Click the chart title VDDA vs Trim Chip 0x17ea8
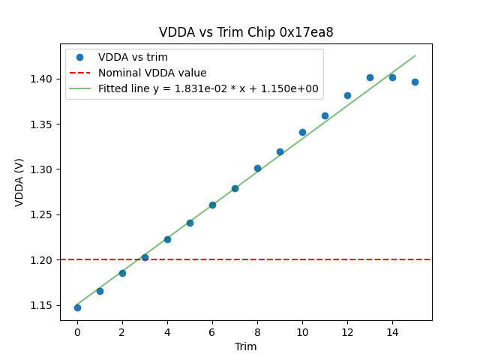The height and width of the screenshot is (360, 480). (246, 32)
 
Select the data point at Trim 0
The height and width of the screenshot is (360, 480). (77, 307)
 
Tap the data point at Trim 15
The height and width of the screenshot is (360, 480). (415, 82)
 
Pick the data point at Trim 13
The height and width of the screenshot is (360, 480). (370, 77)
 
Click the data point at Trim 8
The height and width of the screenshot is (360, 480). (257, 168)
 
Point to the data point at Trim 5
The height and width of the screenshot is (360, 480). (190, 223)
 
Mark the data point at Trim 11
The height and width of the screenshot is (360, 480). (325, 115)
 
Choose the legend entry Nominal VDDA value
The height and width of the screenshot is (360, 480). (152, 73)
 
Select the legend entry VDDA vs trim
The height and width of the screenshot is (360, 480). (133, 58)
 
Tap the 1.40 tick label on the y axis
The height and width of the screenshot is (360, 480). (43, 79)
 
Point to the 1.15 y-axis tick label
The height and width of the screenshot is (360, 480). (43, 305)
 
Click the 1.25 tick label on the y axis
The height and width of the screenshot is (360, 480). (43, 214)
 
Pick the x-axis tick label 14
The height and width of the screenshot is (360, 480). (392, 331)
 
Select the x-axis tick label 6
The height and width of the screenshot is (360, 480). (212, 331)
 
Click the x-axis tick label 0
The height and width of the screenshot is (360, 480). (77, 331)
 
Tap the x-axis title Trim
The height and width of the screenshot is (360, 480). (245, 346)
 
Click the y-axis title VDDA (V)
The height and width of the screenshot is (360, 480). (19, 182)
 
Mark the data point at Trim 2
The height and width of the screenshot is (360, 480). (122, 273)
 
